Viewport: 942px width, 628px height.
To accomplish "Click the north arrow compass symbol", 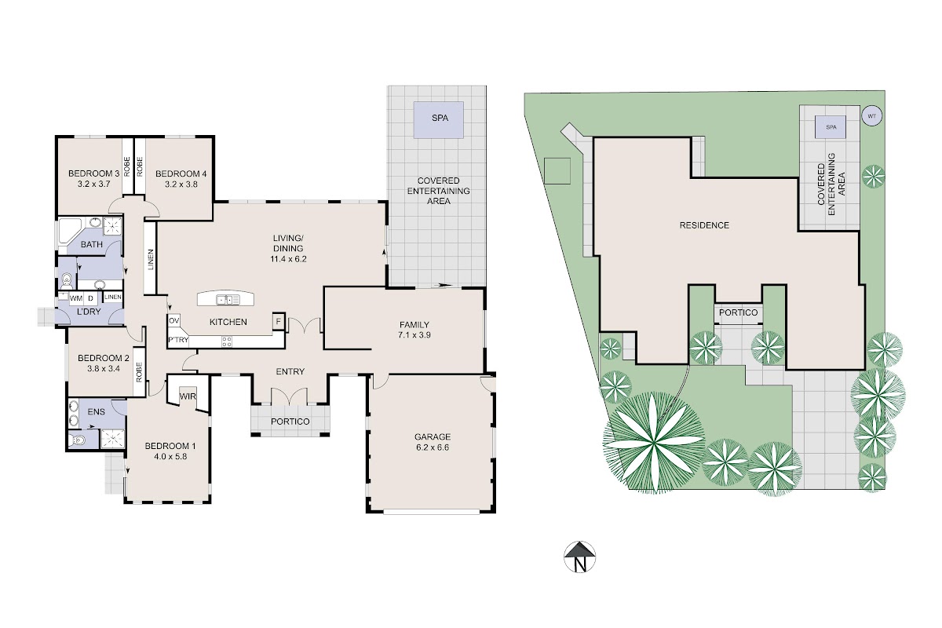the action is [579, 557].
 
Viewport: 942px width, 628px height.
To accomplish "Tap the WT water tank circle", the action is [872, 115].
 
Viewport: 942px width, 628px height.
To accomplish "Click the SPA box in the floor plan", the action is [439, 120].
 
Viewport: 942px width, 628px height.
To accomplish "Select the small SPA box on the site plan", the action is [831, 127].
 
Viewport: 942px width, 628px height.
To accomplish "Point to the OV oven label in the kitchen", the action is [173, 320].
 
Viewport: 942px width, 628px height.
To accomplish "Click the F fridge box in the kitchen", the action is [279, 322].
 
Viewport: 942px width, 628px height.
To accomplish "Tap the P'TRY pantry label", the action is [178, 340].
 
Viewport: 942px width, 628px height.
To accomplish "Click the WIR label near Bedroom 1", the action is [188, 396].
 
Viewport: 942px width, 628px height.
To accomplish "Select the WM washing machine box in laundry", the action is [76, 298].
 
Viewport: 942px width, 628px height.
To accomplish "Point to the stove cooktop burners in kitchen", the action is [227, 341].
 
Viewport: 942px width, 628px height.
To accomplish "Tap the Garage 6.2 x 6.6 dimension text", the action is [433, 447].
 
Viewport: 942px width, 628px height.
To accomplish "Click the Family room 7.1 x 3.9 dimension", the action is [414, 335].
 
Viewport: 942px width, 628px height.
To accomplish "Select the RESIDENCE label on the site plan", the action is [704, 225].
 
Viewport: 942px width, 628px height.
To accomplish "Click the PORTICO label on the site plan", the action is [739, 312].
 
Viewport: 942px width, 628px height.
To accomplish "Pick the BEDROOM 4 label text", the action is [181, 173].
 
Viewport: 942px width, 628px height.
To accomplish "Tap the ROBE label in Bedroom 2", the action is [139, 372].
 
